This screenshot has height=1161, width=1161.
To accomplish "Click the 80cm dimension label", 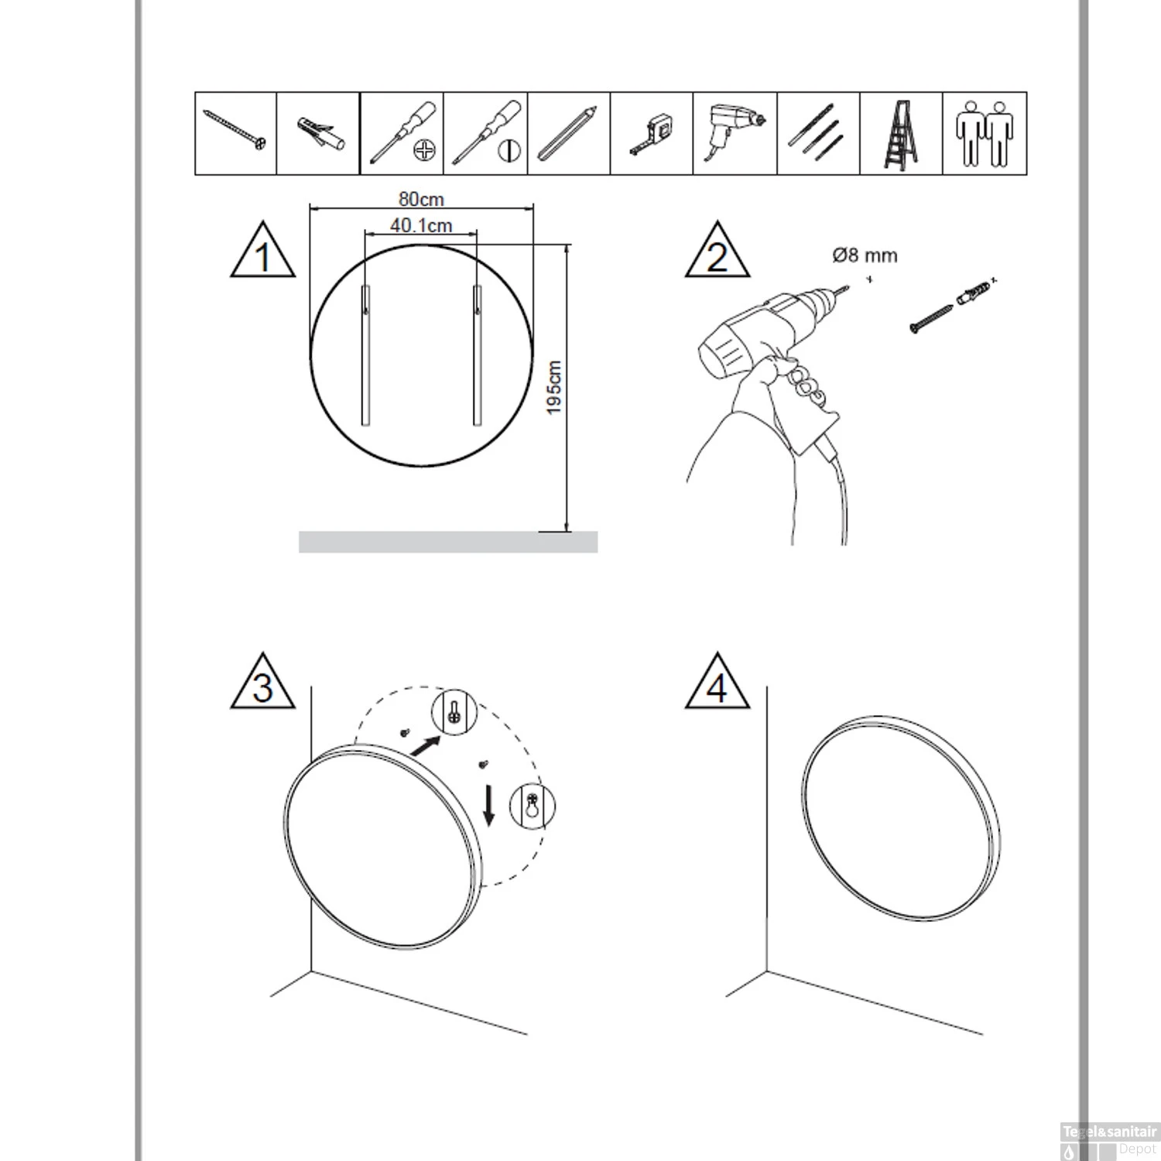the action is pos(421,199).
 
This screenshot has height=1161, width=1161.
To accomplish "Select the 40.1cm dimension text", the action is pos(421,225).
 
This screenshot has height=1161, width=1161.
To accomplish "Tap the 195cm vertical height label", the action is pos(554,387).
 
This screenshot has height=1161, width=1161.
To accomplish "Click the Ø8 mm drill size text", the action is pos(865,255).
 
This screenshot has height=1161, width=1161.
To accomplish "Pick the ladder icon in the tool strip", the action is pos(901,134).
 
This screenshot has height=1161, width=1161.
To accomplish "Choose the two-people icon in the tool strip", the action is pos(984,134).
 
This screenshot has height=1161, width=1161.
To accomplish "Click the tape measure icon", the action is pos(652,135).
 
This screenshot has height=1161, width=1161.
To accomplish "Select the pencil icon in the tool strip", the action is pos(568,133).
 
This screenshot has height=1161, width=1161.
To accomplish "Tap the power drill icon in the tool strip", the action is pos(734,132).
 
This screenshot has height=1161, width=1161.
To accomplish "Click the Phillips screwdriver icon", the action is pos(402,132).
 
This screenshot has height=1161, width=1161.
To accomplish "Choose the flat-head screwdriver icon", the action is pos(486,132).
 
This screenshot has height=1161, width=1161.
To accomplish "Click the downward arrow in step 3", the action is pos(488,806).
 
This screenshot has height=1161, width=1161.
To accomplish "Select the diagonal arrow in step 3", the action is pos(425,746).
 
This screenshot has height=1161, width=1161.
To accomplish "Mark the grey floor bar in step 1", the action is pos(448,542).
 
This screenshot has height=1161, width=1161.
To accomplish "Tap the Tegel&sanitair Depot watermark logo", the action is pos(1108,1142).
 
